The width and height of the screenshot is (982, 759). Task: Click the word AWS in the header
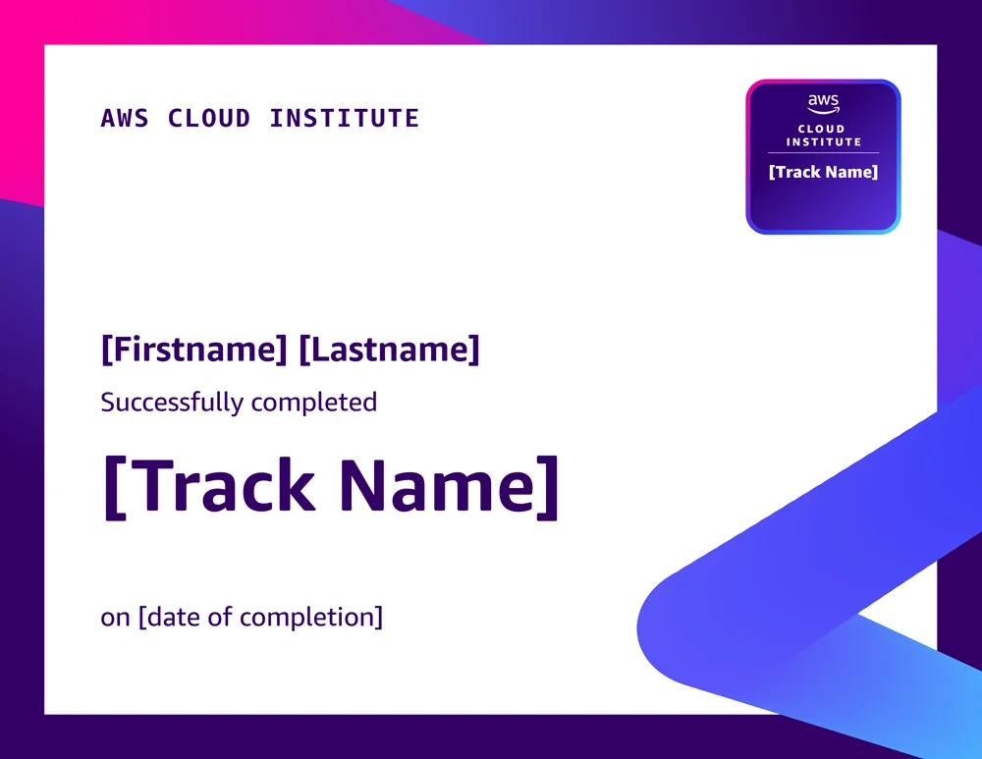[x=125, y=119]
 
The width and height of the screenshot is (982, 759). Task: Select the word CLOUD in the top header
[x=208, y=119]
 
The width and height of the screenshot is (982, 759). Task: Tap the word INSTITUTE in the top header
[x=344, y=119]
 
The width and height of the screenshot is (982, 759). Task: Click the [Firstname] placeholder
[x=194, y=349]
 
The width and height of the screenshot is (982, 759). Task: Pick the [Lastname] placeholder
[x=389, y=349]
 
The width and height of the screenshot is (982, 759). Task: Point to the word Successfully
[x=172, y=402]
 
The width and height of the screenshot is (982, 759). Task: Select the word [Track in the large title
[x=209, y=486]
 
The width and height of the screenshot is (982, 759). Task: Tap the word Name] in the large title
[x=449, y=486]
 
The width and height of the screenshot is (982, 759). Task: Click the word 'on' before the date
[x=115, y=618]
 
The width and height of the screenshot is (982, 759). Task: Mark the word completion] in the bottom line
[x=311, y=617]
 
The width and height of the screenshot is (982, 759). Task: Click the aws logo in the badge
[x=824, y=103]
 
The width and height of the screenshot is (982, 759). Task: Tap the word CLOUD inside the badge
[x=822, y=129]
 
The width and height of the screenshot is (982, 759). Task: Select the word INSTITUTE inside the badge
[x=824, y=142]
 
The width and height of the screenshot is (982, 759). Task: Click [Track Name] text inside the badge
[x=824, y=172]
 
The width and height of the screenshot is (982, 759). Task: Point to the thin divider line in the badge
[x=824, y=153]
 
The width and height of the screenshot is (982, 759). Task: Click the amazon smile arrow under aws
[x=824, y=111]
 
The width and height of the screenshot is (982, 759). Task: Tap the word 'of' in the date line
[x=219, y=617]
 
